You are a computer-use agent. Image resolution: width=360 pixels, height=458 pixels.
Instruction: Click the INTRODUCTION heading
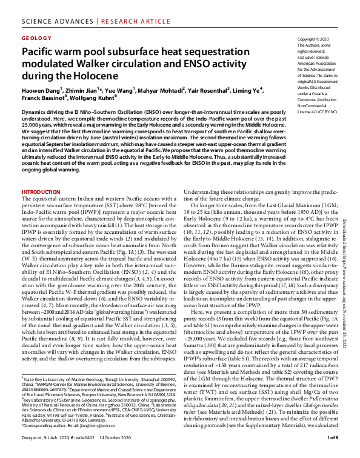(x=41, y=192)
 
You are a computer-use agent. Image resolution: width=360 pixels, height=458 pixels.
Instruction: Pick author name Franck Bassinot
(x=45, y=98)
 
